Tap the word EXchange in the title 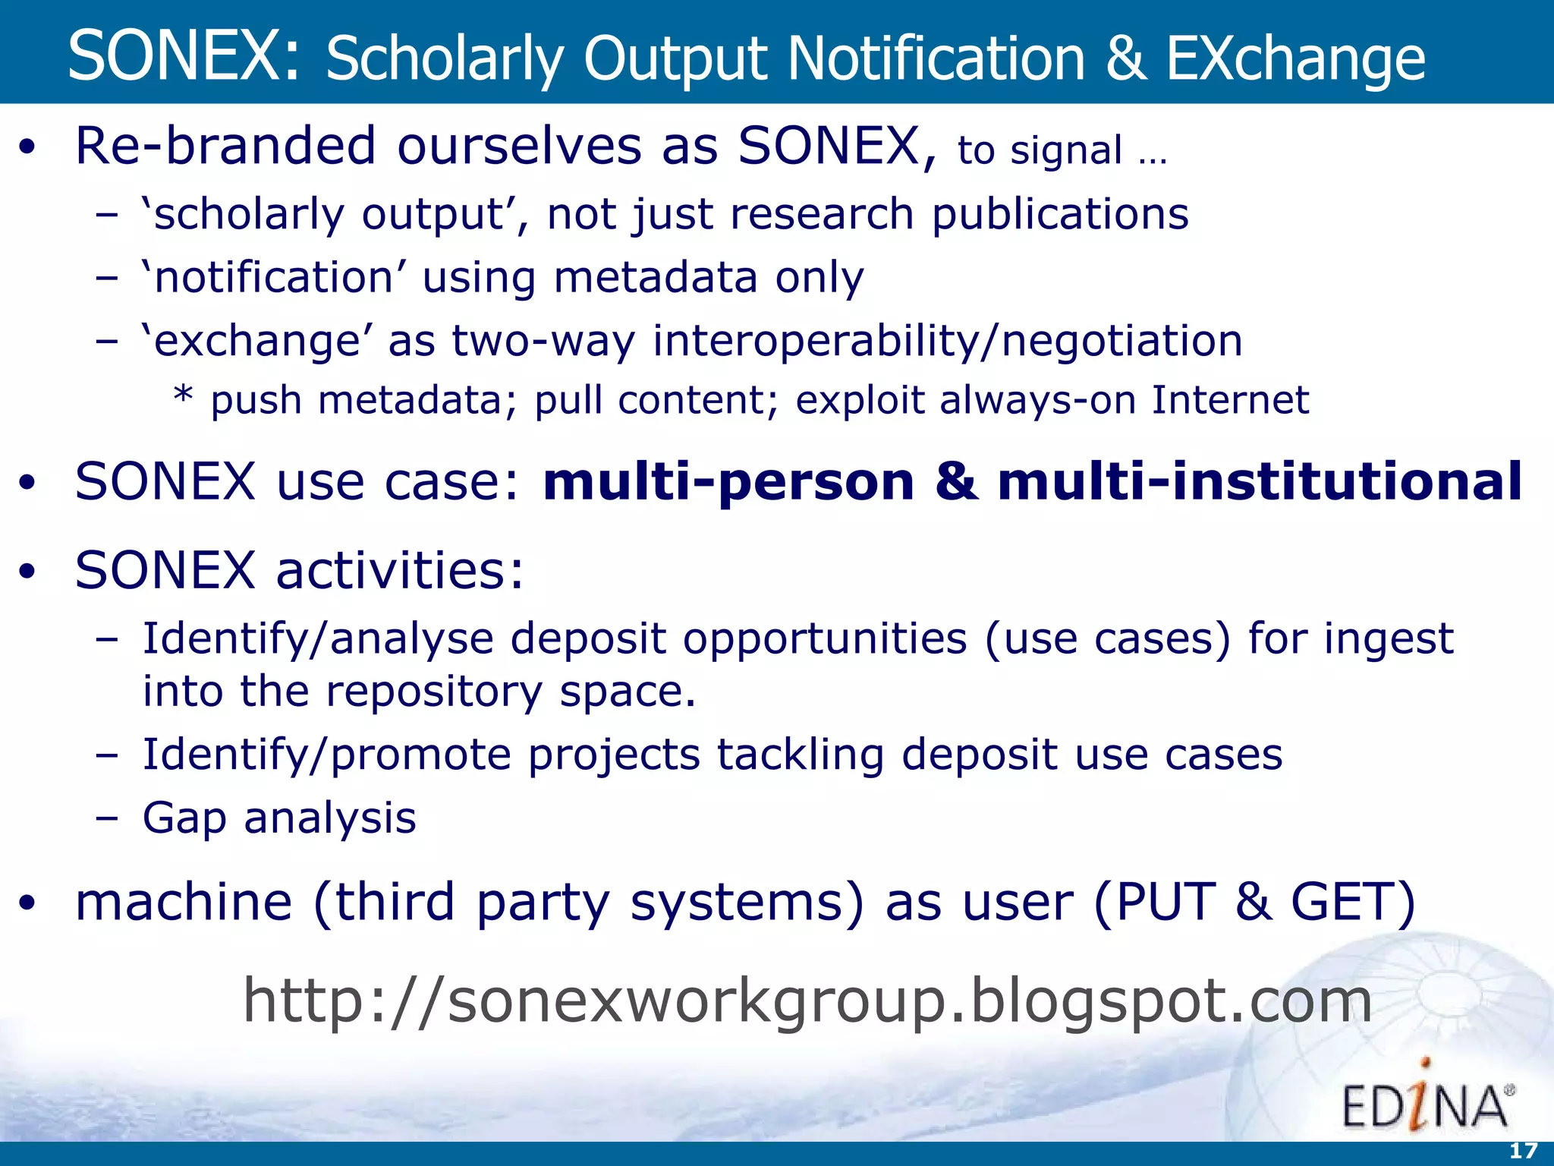click(x=1295, y=59)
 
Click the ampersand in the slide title click(x=1125, y=59)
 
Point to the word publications click(x=1060, y=215)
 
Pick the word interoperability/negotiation click(x=948, y=341)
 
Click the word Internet click(x=1230, y=400)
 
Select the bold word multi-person click(x=728, y=482)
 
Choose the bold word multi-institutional click(x=1260, y=482)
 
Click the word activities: click(x=399, y=570)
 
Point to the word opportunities click(x=825, y=638)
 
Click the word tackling click(x=801, y=755)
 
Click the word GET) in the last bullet click(x=1353, y=903)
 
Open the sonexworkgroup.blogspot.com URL click(x=807, y=1001)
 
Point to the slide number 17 click(x=1523, y=1152)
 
